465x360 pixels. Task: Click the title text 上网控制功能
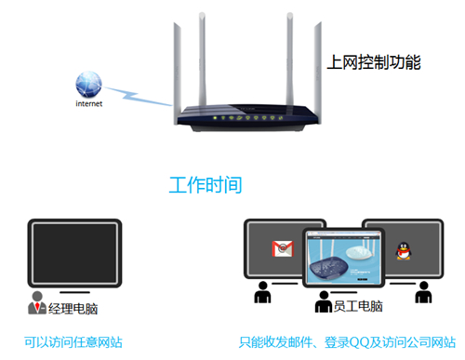[375, 63]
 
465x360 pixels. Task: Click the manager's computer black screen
[74, 251]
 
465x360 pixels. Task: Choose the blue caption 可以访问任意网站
[74, 342]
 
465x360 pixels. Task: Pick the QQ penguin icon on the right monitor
[403, 250]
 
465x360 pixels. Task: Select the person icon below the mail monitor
[262, 294]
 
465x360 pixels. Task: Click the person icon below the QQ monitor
[423, 294]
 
